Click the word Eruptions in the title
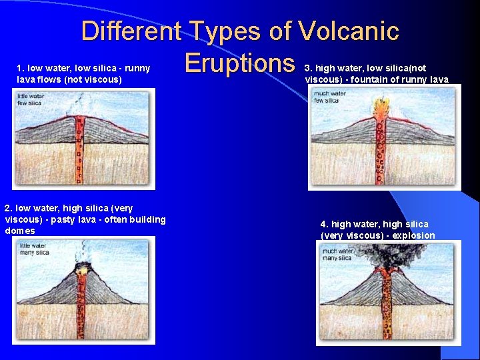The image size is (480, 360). coord(239,63)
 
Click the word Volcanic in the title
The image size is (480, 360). coord(349,31)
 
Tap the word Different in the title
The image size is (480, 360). coord(131,31)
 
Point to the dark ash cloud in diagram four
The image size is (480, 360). coord(381,257)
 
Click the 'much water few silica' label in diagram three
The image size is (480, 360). coord(329,97)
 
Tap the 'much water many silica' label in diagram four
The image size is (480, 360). coord(337,254)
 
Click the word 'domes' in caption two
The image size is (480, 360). coord(20,231)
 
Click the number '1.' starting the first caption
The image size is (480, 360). coord(21,68)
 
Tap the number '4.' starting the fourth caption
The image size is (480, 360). coord(324,224)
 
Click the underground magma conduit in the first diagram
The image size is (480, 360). coord(80,160)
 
